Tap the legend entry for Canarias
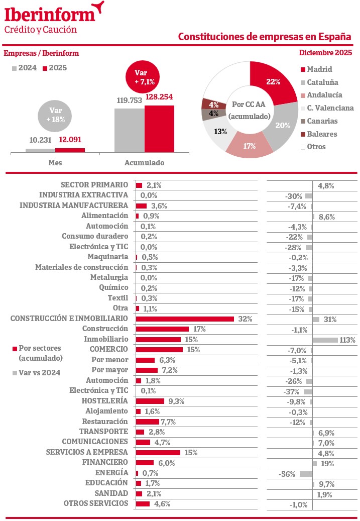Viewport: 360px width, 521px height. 322,121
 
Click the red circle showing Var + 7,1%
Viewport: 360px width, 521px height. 144,77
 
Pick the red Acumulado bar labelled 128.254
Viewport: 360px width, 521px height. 159,129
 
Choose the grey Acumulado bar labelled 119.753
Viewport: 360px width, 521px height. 130,130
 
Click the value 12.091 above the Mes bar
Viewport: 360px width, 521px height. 70,140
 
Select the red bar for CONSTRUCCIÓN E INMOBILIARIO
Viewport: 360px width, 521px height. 185,319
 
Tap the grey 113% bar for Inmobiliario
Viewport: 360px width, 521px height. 325,340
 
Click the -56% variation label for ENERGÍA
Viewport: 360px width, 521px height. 287,474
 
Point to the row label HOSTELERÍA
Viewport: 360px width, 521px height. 104,401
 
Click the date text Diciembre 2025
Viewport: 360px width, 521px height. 325,53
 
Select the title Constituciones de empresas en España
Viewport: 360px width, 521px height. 265,37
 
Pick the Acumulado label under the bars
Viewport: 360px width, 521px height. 144,163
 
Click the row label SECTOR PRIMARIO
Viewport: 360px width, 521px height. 94,185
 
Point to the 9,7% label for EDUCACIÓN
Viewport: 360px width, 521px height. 326,484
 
